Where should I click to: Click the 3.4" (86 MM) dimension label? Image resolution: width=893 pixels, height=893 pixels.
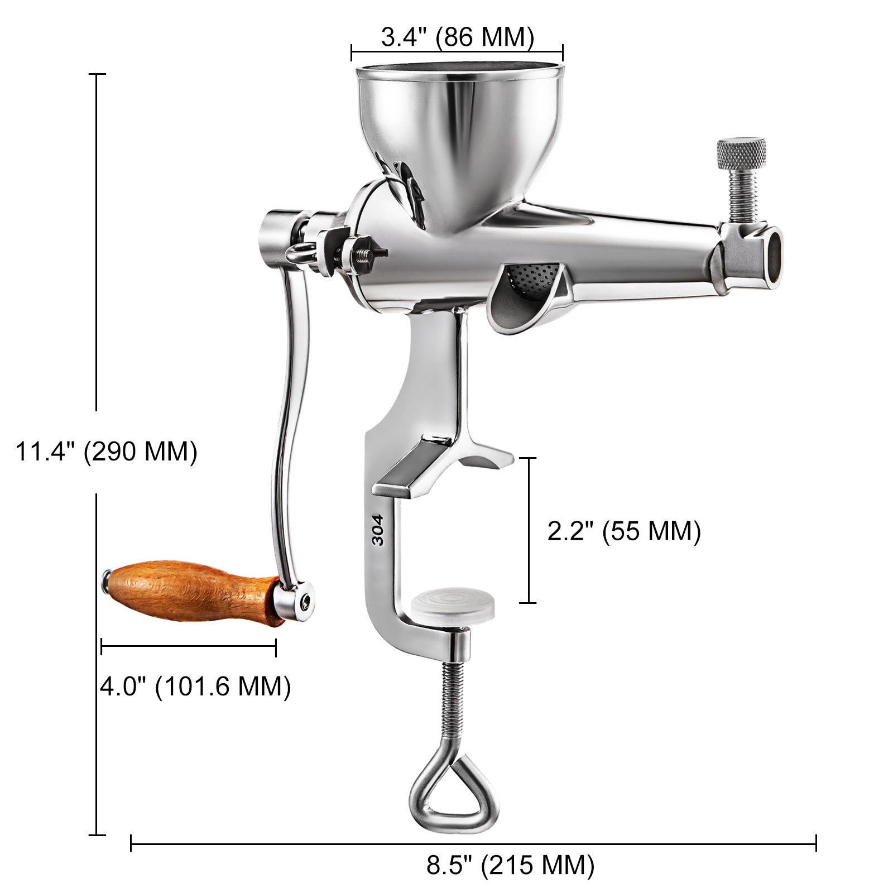[457, 37]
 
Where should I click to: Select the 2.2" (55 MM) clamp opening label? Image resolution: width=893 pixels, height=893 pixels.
[623, 531]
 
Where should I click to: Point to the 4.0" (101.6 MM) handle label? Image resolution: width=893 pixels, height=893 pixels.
[195, 686]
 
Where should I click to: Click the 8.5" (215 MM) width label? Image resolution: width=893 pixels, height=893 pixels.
[510, 865]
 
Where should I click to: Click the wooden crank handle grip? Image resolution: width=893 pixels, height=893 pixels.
[190, 590]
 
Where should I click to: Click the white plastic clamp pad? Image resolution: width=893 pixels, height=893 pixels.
[453, 607]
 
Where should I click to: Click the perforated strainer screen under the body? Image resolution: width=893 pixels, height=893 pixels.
[530, 276]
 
